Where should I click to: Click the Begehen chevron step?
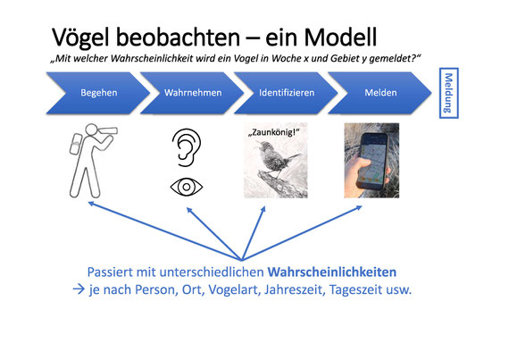tap(98, 93)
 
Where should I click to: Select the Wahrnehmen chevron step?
tap(192, 93)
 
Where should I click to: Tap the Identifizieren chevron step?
tap(286, 93)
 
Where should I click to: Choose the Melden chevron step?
tap(380, 93)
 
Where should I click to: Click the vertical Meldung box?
tap(448, 93)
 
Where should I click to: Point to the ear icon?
tap(187, 147)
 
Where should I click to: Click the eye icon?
tap(187, 187)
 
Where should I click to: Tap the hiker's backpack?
tap(76, 144)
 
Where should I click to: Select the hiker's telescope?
tap(106, 130)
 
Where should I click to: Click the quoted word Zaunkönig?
tap(273, 132)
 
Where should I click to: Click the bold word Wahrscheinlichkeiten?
tap(332, 272)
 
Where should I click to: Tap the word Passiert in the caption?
tap(110, 272)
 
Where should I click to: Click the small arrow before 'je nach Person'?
tap(79, 289)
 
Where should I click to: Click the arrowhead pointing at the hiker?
tap(91, 204)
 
